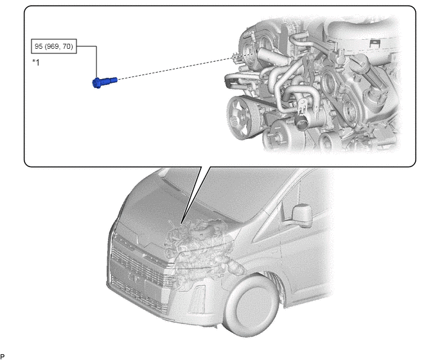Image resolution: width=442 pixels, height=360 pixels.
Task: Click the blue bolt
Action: [105, 82]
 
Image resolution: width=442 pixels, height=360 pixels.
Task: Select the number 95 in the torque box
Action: [39, 46]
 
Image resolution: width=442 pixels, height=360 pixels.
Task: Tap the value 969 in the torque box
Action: [53, 46]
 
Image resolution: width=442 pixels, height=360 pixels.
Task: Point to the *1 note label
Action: [36, 62]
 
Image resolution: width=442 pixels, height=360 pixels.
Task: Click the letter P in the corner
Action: [3, 357]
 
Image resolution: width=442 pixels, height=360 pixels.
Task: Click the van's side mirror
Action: [302, 215]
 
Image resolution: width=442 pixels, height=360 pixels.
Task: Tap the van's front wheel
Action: [252, 307]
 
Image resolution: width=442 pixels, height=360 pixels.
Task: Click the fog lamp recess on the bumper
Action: [197, 299]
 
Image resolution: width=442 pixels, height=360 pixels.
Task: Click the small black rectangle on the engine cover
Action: [375, 43]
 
